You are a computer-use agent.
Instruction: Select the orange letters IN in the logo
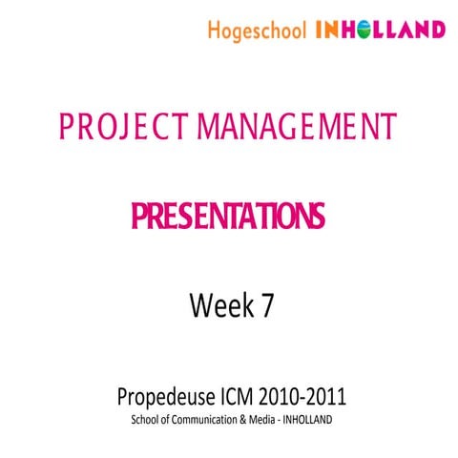pos(325,31)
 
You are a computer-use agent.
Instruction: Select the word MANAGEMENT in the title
pos(297,125)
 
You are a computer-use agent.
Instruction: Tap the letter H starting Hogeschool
pos(212,30)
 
